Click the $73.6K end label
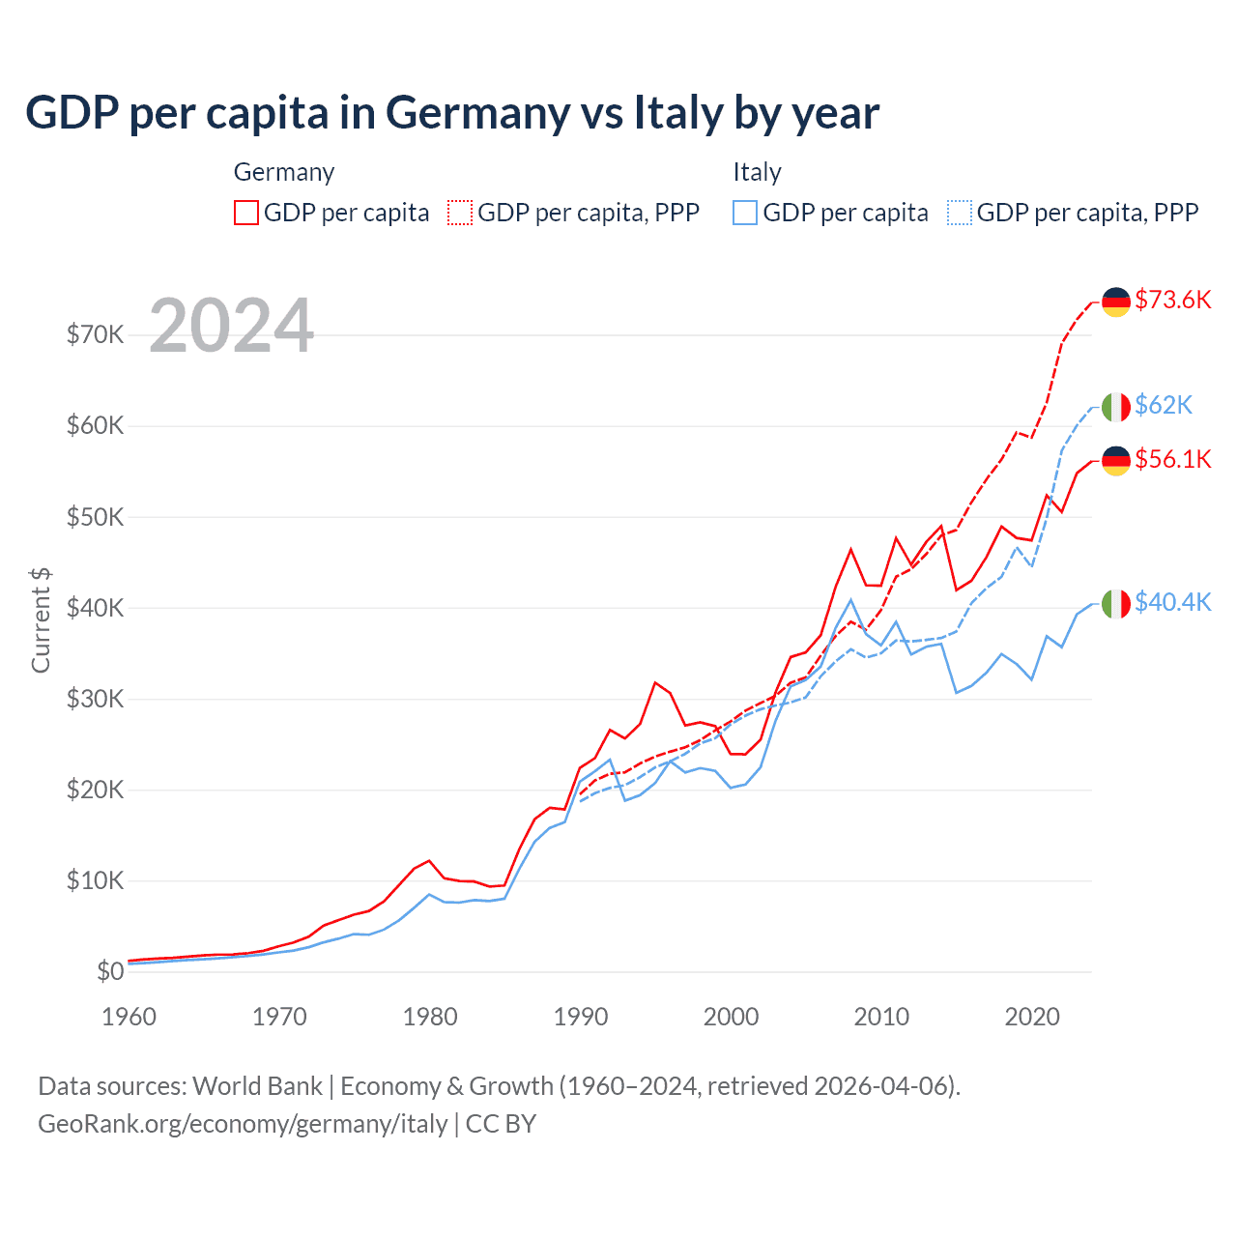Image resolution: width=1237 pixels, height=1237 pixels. pos(1172,300)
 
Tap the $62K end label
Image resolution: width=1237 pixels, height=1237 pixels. pos(1163,404)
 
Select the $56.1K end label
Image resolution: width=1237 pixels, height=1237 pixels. pos(1172,459)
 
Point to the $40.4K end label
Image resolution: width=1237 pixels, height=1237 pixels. pos(1172,602)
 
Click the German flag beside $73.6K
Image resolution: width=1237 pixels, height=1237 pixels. pos(1116,302)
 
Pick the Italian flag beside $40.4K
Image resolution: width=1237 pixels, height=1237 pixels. pos(1116,604)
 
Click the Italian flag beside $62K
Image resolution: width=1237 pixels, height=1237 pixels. pos(1116,407)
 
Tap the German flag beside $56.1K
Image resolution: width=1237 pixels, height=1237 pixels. pos(1116,461)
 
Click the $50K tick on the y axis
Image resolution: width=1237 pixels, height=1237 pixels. pos(95,517)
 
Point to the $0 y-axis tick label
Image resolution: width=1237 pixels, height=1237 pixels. pos(110,971)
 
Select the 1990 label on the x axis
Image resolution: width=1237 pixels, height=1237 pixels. pos(581,1017)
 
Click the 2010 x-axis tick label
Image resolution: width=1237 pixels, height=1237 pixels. pos(881,1017)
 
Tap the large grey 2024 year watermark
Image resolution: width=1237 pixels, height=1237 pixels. pos(232,327)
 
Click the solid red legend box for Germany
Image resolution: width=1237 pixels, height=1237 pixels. pos(246,213)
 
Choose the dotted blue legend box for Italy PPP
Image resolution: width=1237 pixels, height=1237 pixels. pos(960,213)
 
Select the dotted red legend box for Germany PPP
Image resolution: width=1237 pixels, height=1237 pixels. pos(460,213)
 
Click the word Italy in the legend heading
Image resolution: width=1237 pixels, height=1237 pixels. pos(757,172)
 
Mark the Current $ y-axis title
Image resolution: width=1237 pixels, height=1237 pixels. pos(41,619)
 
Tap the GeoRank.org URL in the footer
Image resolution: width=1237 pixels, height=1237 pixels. pos(243,1124)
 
